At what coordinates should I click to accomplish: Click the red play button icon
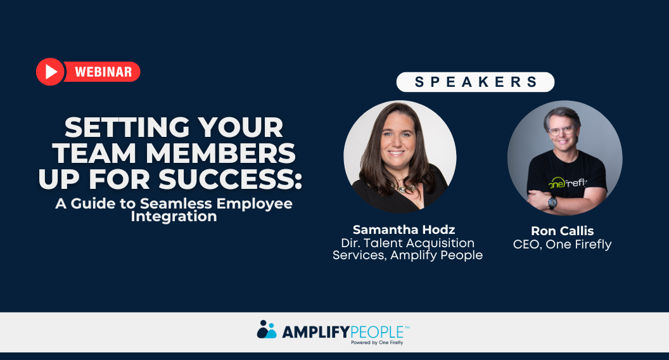50,72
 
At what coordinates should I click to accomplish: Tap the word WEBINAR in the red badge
103,72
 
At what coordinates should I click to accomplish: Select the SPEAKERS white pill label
475,82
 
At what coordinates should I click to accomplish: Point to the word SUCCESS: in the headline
230,179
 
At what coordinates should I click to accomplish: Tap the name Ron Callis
562,231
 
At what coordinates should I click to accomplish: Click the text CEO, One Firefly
562,244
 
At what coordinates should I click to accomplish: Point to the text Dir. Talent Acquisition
407,243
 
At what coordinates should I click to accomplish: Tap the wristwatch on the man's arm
552,202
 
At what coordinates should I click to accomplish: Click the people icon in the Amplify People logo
267,330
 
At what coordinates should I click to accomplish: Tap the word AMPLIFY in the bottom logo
310,331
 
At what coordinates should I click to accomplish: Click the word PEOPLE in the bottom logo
374,331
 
